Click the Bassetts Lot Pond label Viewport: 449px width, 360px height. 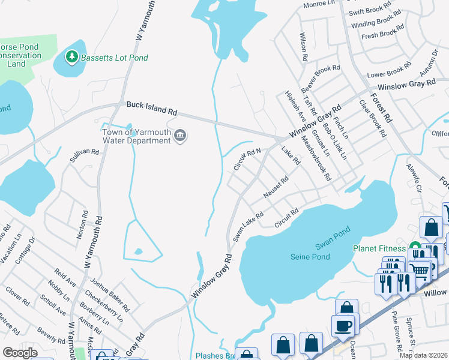tap(115, 58)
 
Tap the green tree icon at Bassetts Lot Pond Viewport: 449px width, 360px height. tap(72, 57)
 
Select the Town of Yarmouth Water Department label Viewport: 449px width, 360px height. tap(136, 136)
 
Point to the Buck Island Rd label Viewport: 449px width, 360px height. tap(152, 108)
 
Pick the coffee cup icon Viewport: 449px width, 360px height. tap(344, 325)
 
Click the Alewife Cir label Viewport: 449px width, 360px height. tap(415, 179)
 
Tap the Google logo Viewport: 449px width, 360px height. tap(20, 352)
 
